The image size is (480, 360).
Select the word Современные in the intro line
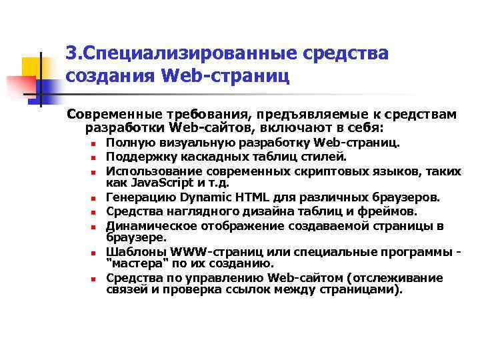point(111,115)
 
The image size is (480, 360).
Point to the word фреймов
point(392,211)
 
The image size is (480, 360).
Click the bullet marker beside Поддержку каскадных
point(95,158)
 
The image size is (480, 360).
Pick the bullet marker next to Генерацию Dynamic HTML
point(95,198)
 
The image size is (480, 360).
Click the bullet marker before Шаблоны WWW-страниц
point(95,251)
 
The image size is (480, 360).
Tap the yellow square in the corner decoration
point(32,67)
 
